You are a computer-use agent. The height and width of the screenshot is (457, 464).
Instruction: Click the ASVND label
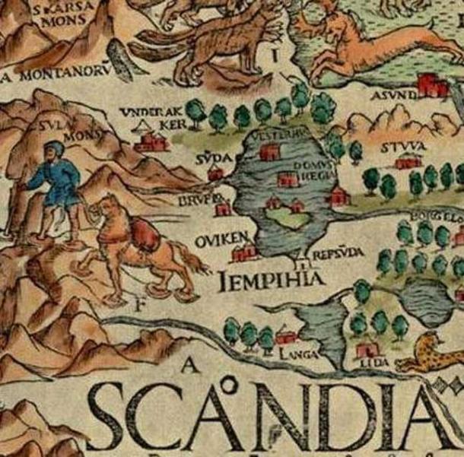click(393, 94)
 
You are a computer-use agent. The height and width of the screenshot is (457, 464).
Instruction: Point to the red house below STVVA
click(408, 161)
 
